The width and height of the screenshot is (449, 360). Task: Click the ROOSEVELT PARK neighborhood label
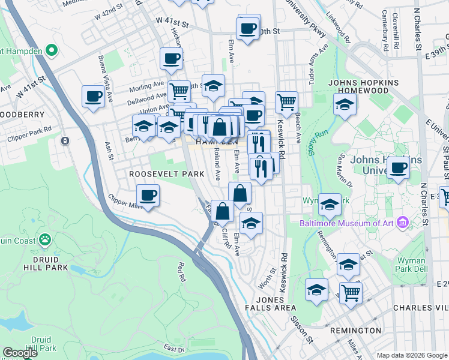(167, 173)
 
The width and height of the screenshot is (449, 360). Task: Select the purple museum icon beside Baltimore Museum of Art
(402, 223)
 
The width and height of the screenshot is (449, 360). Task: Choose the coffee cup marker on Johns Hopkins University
(397, 168)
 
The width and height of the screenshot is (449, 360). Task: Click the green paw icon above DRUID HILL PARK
(45, 239)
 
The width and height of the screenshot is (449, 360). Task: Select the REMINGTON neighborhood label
(355, 330)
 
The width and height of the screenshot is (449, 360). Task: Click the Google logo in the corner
(20, 353)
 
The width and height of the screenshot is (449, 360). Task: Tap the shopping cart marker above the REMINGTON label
(351, 292)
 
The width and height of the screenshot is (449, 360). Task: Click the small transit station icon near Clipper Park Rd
(65, 141)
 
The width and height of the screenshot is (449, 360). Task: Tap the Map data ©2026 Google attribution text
(412, 355)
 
